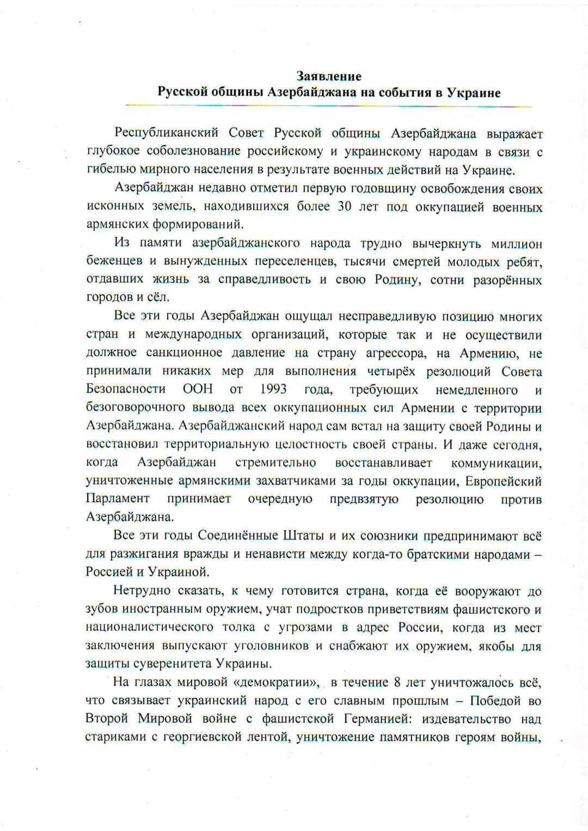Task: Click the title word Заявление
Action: coord(329,76)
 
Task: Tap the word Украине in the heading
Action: coord(473,92)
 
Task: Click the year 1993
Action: coord(273,390)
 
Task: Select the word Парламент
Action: coord(117,499)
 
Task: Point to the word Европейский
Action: coord(507,481)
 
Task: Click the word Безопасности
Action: coord(126,390)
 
